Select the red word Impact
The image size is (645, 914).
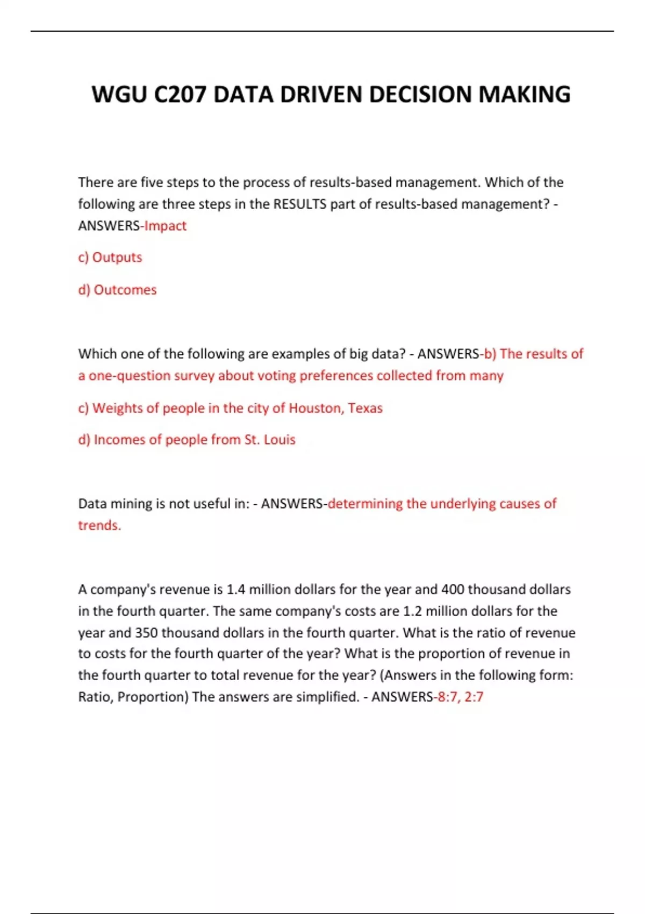[x=165, y=226]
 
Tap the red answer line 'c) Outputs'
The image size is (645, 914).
[x=110, y=258]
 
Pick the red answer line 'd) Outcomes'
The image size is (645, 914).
[x=117, y=290]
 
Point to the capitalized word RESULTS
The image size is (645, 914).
[x=299, y=204]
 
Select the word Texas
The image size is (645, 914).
[x=365, y=408]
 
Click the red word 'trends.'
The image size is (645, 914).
[x=99, y=525]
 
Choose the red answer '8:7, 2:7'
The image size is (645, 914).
[x=460, y=697]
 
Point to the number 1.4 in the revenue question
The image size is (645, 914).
[x=235, y=590]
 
